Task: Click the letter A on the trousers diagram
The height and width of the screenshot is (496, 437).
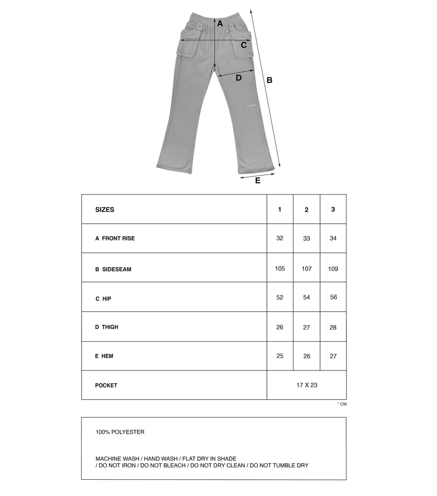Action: coord(220,23)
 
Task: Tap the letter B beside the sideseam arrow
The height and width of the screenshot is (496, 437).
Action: coord(270,80)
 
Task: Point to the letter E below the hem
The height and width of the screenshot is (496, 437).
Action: coord(258,181)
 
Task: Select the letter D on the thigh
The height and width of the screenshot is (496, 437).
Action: coord(239,78)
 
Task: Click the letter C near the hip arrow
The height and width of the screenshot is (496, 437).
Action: coord(244,45)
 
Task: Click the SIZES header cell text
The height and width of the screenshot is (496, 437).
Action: coord(105,210)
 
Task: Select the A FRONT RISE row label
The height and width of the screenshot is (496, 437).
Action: coord(115,238)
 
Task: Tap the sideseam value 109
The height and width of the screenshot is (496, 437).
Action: coord(333,269)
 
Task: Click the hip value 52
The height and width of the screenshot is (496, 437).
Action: coord(280,297)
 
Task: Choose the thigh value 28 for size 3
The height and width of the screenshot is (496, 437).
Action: coord(333,328)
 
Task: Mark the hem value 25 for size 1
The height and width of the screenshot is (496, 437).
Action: coord(280,356)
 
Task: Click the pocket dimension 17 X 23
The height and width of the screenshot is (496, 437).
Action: coord(306,385)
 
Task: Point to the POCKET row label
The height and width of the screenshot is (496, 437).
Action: coord(106,386)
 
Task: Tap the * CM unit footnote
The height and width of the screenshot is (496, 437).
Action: coord(342,404)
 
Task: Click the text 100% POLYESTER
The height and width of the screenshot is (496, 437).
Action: coord(120,432)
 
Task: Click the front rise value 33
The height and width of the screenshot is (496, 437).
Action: coord(306,238)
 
